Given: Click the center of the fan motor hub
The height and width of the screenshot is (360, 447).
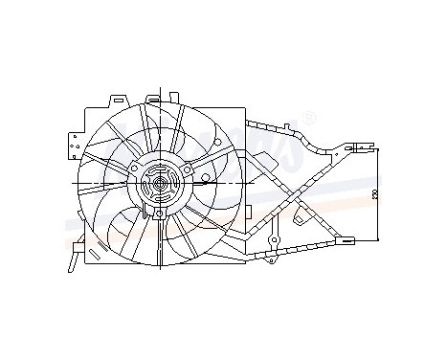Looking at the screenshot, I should click(x=157, y=182).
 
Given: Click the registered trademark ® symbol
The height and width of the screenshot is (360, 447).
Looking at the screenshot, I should click(x=308, y=118).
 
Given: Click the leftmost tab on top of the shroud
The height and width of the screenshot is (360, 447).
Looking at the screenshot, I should click(x=116, y=99).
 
